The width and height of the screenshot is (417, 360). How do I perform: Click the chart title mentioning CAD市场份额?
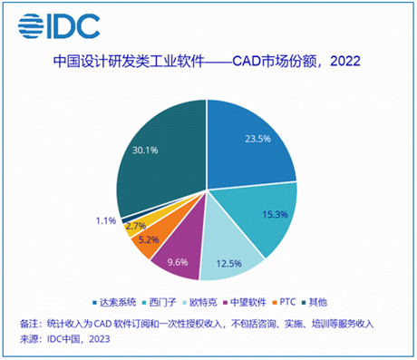click(208, 63)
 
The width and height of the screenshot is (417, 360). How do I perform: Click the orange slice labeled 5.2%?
click(145, 240)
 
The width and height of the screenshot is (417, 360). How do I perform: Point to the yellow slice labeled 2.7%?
click(135, 224)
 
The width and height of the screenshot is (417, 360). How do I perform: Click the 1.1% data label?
click(104, 219)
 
